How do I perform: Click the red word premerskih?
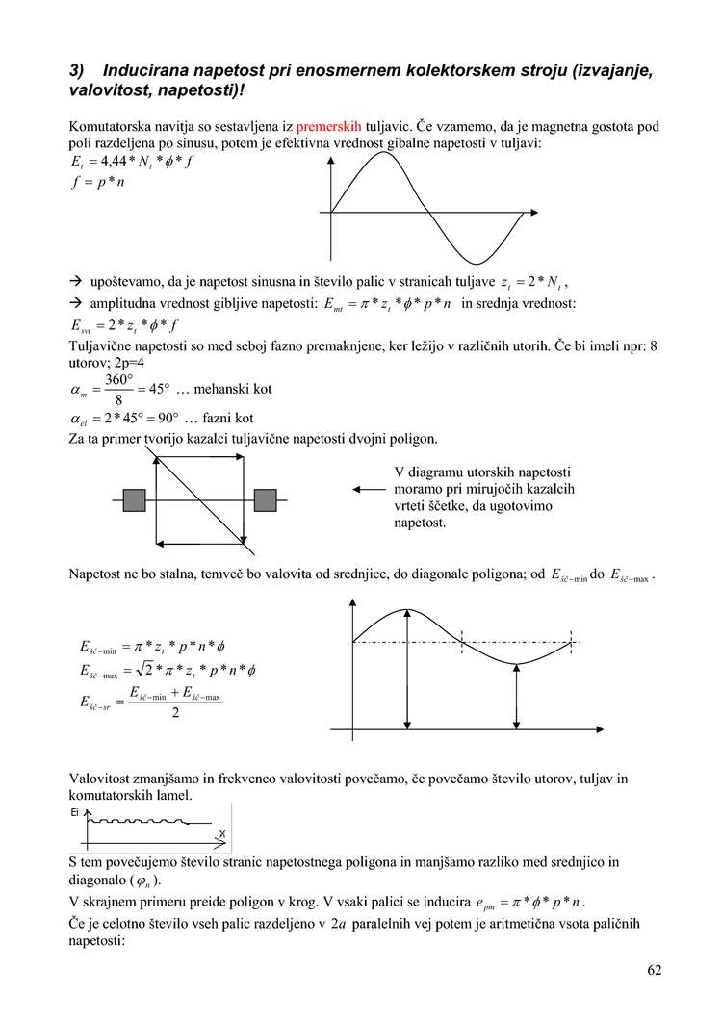[328, 125]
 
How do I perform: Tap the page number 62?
[655, 970]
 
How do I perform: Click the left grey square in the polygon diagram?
[134, 499]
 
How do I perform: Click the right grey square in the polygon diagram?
[265, 499]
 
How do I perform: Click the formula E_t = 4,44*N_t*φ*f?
[132, 162]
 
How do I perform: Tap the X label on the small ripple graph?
[222, 833]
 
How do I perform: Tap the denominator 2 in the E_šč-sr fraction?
[174, 713]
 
